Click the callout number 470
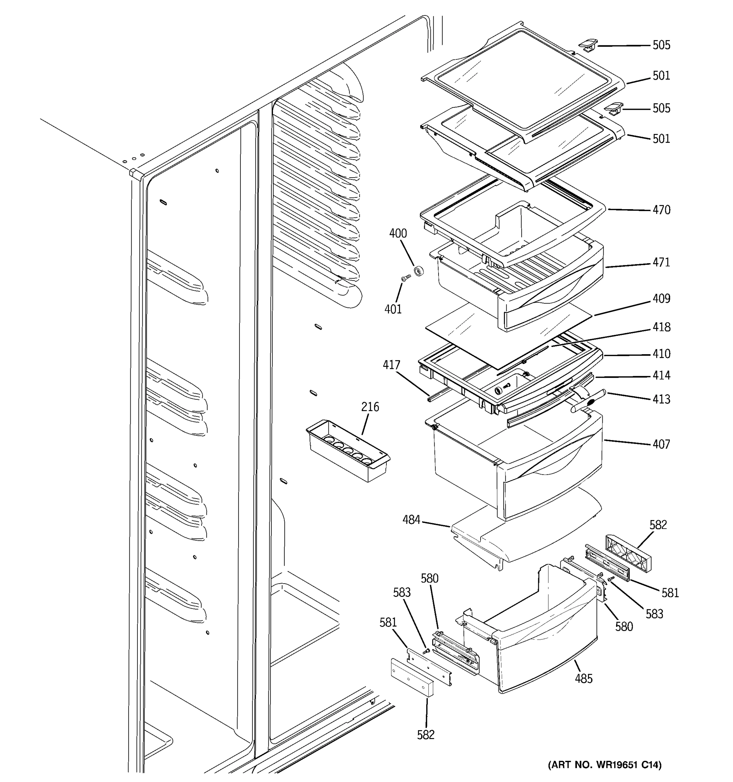[661, 210]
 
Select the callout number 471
[661, 262]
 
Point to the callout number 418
[661, 327]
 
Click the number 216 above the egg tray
[370, 406]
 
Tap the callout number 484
[411, 520]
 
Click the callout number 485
[583, 678]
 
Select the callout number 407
[661, 444]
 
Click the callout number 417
[391, 365]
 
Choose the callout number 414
[661, 375]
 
